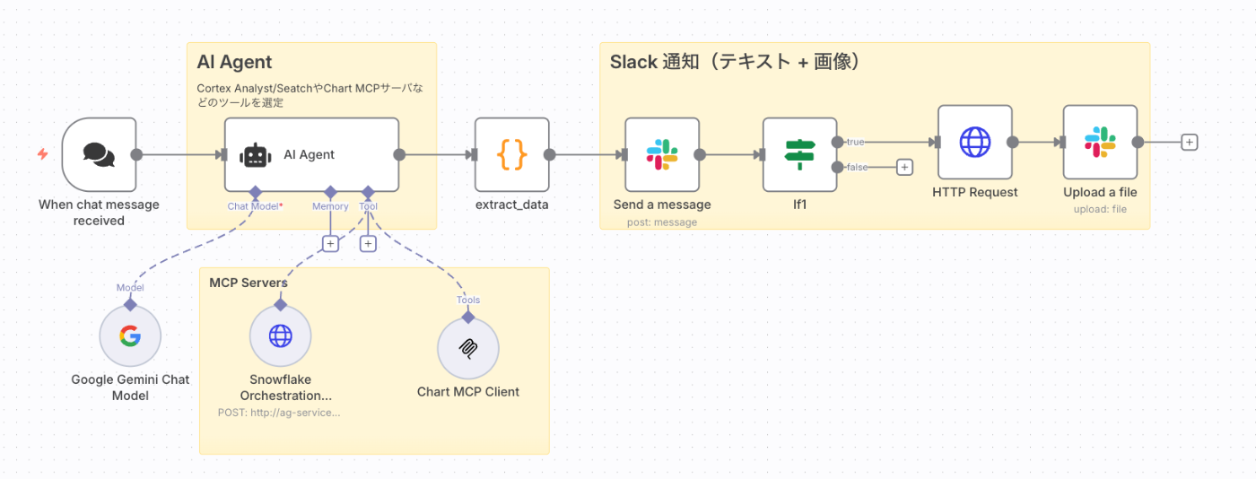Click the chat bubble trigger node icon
(x=99, y=154)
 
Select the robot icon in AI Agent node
(x=256, y=154)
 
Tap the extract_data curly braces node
(x=511, y=154)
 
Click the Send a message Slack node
(x=661, y=154)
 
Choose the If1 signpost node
(x=799, y=154)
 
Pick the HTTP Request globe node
(x=974, y=142)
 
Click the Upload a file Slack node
(x=1100, y=142)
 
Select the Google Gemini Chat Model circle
(x=130, y=336)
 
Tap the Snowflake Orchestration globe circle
(x=281, y=336)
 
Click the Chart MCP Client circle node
(x=467, y=349)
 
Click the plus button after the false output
(x=904, y=167)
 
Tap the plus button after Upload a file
(x=1190, y=142)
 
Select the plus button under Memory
(x=330, y=243)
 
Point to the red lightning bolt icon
(x=42, y=154)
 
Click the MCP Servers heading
(x=249, y=283)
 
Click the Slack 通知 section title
(x=735, y=62)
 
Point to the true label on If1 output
(x=855, y=142)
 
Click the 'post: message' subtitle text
(x=661, y=222)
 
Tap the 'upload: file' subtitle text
(x=1100, y=209)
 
